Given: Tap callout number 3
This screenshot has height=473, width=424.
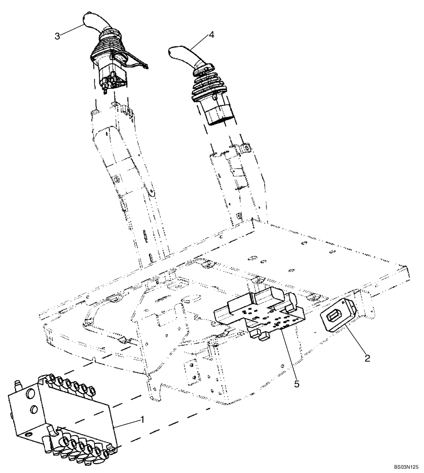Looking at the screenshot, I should pos(57,36).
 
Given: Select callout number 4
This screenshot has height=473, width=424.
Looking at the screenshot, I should pos(211,35).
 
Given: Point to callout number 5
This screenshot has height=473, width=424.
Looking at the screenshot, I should pos(296,384).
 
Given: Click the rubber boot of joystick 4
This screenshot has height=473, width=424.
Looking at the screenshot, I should pos(208,90).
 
